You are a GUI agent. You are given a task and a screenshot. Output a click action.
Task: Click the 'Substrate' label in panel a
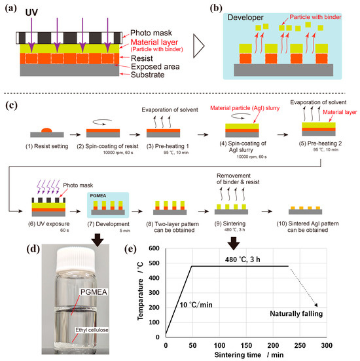pos(149,77)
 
